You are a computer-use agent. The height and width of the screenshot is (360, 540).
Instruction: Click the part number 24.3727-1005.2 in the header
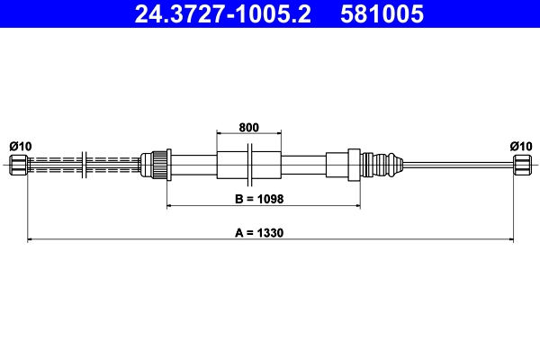point(223,14)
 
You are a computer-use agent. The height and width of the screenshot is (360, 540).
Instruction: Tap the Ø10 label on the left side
point(20,146)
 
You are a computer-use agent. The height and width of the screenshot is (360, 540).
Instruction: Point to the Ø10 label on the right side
point(521,146)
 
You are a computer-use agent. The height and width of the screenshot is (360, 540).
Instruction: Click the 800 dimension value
point(248,128)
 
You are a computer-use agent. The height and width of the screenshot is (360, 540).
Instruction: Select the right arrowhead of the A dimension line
point(509,239)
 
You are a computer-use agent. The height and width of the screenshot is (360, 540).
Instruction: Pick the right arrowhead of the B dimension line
point(357,206)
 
